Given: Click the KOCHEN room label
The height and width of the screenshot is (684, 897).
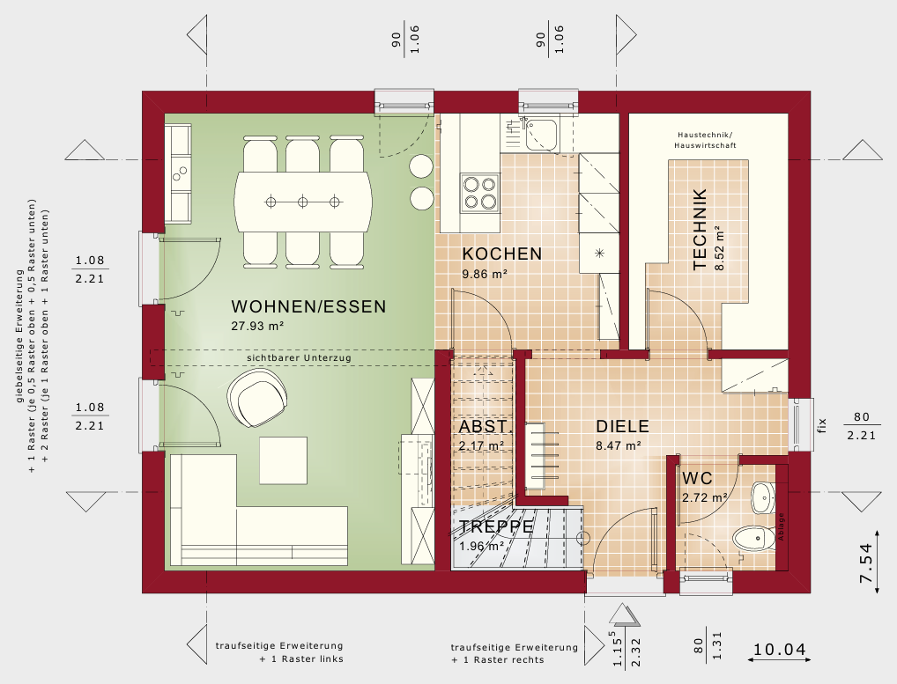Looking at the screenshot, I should [x=501, y=254].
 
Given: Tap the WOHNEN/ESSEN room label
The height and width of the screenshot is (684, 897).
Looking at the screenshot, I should [x=308, y=307].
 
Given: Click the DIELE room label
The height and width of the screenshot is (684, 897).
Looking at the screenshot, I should [x=622, y=427].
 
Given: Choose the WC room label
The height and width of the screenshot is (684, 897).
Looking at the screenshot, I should [x=697, y=479].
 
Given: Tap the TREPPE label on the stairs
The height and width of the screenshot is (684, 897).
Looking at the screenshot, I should [x=496, y=527].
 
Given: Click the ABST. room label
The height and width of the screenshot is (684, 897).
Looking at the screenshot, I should [x=484, y=427].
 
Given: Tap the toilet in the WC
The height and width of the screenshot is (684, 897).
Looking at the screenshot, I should [x=752, y=536].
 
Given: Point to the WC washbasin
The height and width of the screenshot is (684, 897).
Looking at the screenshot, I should [x=761, y=497].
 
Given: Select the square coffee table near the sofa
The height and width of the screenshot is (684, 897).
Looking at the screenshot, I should [x=284, y=460].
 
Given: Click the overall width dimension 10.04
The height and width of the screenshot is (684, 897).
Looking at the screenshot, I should [x=779, y=651].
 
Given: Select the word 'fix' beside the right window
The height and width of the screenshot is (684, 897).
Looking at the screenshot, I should [x=820, y=427].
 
